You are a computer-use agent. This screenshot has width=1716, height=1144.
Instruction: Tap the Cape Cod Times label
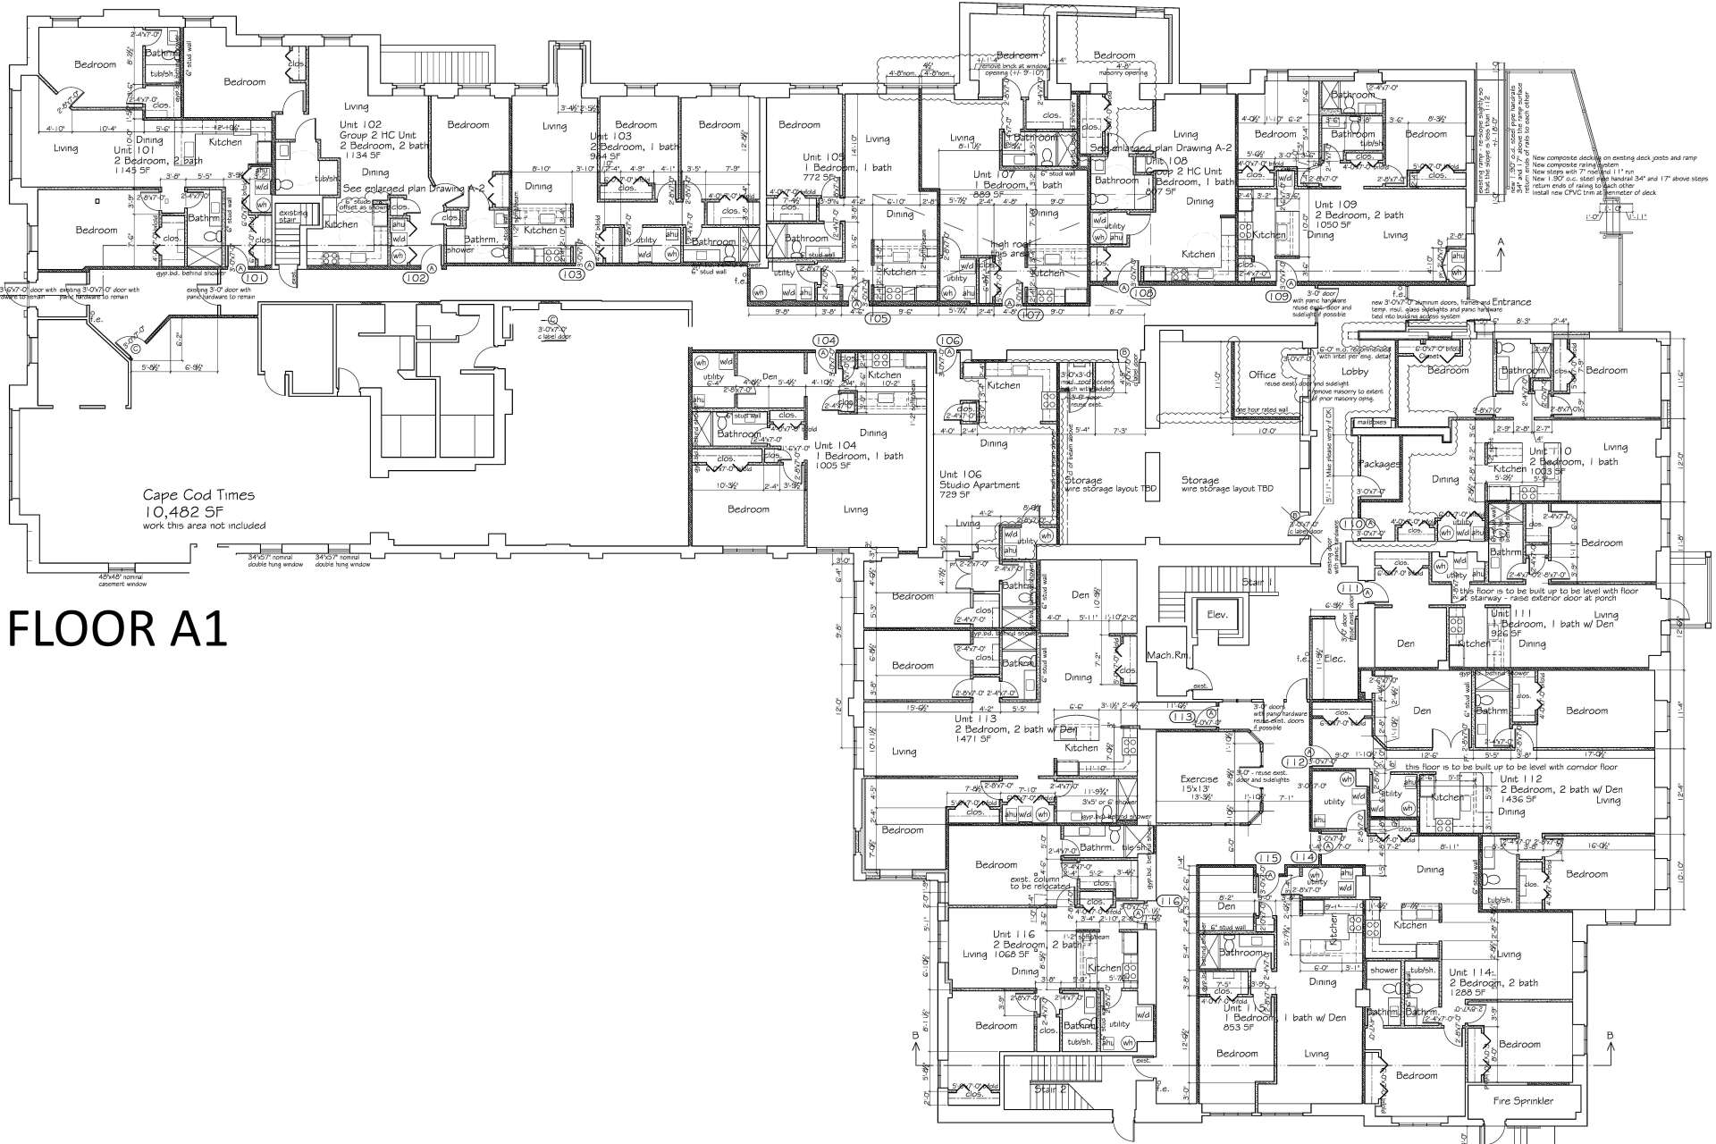pos(199,494)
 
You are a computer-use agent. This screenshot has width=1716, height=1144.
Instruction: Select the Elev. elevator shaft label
pos(1217,615)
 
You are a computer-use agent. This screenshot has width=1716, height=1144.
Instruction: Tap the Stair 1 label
pos(1257,582)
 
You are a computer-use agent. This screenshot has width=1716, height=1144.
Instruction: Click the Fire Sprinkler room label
pos(1523,1101)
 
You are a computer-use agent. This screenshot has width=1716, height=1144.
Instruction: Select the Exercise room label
pos(1199,778)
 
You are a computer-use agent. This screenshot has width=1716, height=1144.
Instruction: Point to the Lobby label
pos(1355,371)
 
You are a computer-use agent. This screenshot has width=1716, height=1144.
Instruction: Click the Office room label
pos(1262,374)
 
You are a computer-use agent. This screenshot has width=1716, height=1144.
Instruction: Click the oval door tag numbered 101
pos(254,278)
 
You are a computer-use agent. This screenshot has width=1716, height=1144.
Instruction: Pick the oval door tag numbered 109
pos(1279,295)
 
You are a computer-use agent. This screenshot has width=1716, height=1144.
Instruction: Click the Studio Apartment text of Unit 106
pos(979,485)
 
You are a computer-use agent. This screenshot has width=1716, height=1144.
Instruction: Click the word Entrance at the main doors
pos(1510,302)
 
